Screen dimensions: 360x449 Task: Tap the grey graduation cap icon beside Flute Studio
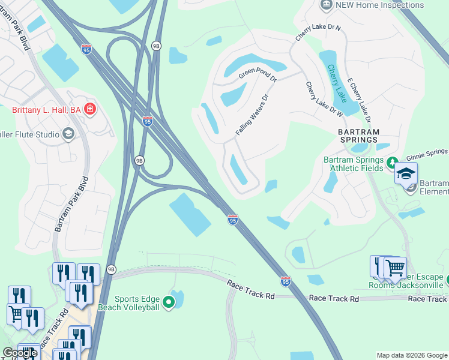click(x=68, y=134)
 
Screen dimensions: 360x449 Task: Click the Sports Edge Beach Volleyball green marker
click(x=169, y=302)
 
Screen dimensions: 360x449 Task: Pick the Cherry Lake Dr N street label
click(x=318, y=33)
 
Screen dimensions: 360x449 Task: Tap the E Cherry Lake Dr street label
click(x=359, y=99)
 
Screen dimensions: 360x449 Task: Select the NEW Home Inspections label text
click(x=380, y=5)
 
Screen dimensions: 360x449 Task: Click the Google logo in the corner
click(x=20, y=353)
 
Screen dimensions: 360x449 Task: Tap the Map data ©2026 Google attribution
click(x=412, y=355)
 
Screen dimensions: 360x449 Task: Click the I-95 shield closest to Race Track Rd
click(x=286, y=281)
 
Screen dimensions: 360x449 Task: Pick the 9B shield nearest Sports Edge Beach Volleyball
click(x=111, y=269)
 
